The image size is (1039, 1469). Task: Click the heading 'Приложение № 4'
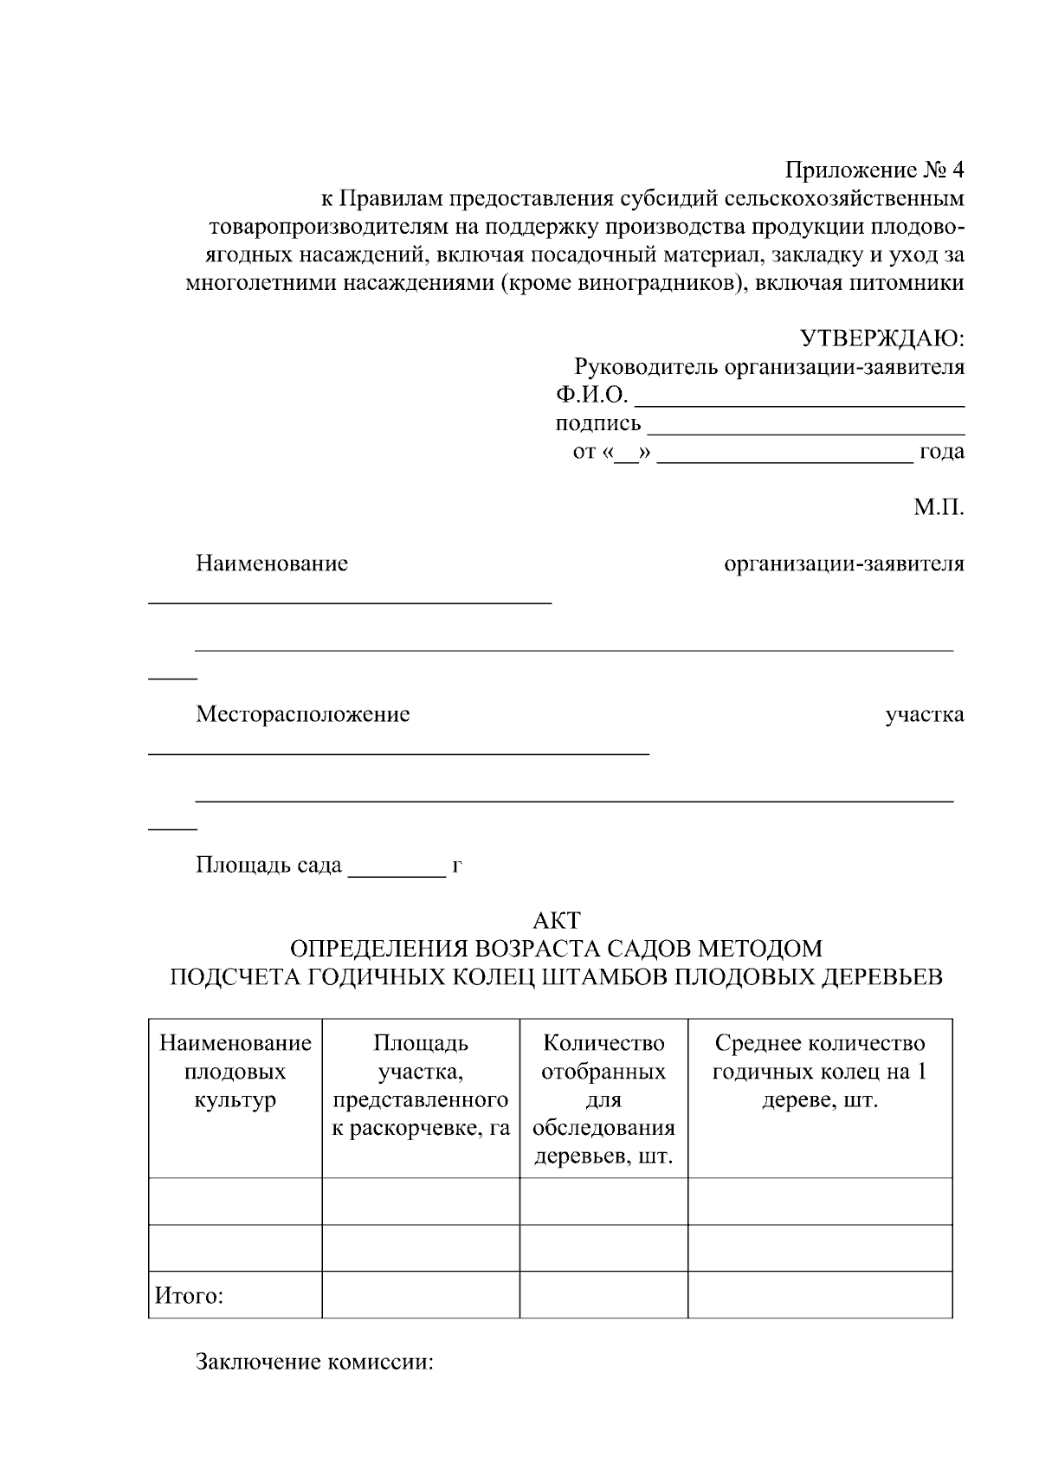coord(874,170)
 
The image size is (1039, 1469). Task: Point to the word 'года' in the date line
coord(941,452)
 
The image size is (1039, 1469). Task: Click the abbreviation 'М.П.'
coord(939,507)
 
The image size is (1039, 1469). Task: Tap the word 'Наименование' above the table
coord(272,564)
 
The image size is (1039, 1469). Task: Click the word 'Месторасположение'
coord(302,714)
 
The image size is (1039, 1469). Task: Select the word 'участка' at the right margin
coord(924,714)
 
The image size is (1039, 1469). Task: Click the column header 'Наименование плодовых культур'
coord(235,1072)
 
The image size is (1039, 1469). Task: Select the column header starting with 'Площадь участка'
coord(421,1086)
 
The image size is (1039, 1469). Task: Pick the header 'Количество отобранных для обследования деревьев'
coord(603,1099)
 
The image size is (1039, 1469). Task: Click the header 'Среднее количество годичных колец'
coord(819,1072)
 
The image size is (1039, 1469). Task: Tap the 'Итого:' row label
coord(190,1295)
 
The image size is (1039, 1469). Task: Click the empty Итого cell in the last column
coord(819,1294)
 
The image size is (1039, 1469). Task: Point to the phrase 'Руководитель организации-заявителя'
coord(769,367)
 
